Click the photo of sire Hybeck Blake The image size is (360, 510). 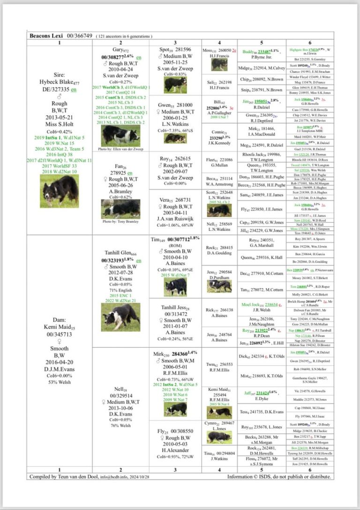[59, 191]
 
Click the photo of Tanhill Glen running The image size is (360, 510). [120, 316]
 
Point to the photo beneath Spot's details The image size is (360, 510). [175, 85]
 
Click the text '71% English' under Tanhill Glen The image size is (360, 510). [120, 290]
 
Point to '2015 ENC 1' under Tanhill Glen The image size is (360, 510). [120, 296]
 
